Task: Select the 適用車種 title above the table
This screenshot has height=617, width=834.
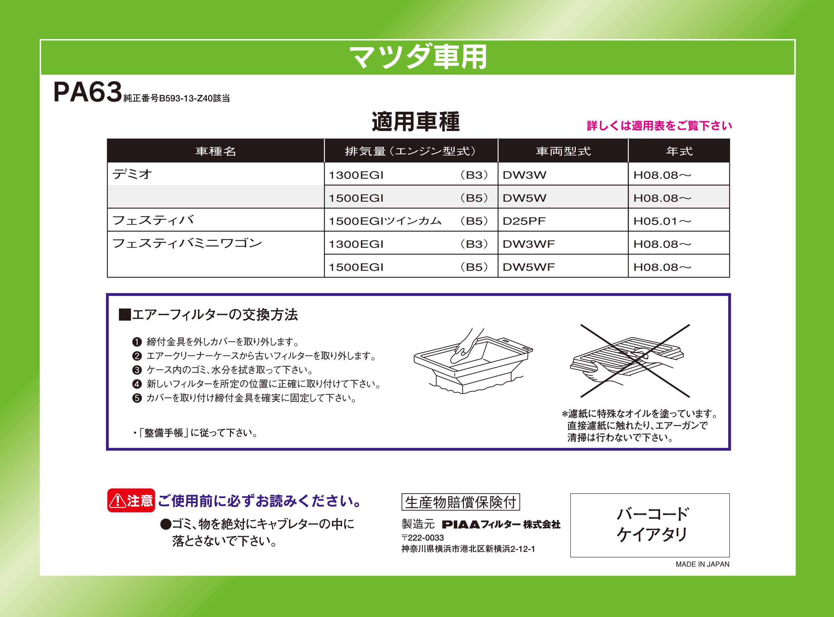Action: click(x=415, y=122)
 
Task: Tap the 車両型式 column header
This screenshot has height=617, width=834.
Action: click(x=563, y=151)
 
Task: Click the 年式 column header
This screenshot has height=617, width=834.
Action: click(x=679, y=151)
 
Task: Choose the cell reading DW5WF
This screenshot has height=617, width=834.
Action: click(x=529, y=267)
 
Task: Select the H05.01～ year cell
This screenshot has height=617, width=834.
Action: click(x=662, y=221)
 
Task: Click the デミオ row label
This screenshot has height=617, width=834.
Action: click(x=132, y=174)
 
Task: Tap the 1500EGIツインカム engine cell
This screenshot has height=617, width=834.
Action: click(x=385, y=221)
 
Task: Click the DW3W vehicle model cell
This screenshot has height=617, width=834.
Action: click(x=525, y=175)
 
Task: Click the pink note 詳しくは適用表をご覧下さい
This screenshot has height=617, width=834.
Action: click(x=659, y=126)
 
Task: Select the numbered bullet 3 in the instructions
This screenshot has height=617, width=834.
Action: click(x=137, y=370)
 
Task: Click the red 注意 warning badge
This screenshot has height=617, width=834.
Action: click(x=131, y=500)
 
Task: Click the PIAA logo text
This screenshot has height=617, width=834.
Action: click(x=461, y=525)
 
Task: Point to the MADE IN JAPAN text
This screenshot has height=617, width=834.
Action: click(x=702, y=564)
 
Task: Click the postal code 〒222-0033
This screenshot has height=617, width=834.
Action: click(x=423, y=538)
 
